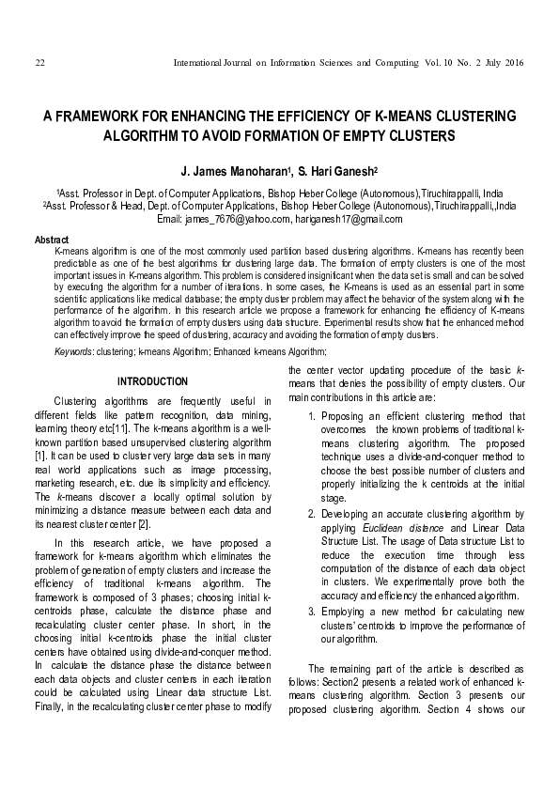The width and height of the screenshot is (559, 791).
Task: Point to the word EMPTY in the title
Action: (x=369, y=136)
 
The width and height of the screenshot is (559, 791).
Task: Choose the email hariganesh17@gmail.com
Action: (x=349, y=219)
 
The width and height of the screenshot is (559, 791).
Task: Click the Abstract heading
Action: (x=51, y=240)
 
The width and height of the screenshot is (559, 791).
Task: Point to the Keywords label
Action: (x=73, y=350)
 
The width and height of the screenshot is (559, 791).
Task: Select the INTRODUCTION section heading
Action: (x=151, y=381)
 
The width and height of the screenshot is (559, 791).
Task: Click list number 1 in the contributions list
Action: (x=312, y=416)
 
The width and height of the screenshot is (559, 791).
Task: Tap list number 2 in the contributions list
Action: (x=312, y=515)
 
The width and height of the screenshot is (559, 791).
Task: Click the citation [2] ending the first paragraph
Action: (x=144, y=522)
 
